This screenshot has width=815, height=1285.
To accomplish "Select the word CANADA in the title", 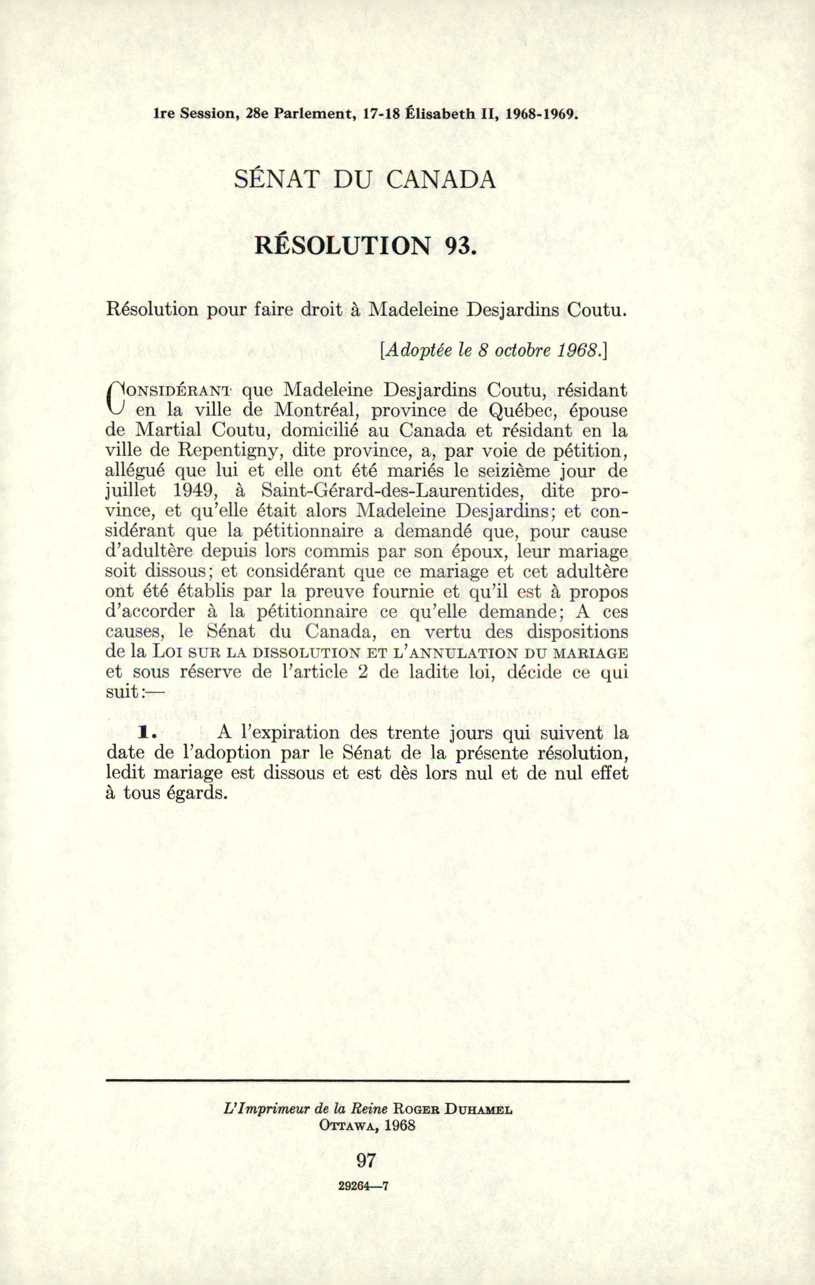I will [441, 179].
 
